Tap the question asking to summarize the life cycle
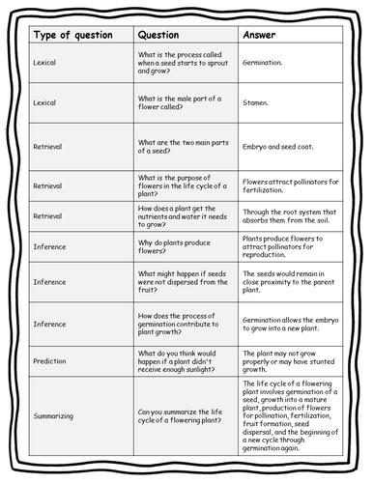coord(181,415)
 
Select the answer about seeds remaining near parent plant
coord(289,281)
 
